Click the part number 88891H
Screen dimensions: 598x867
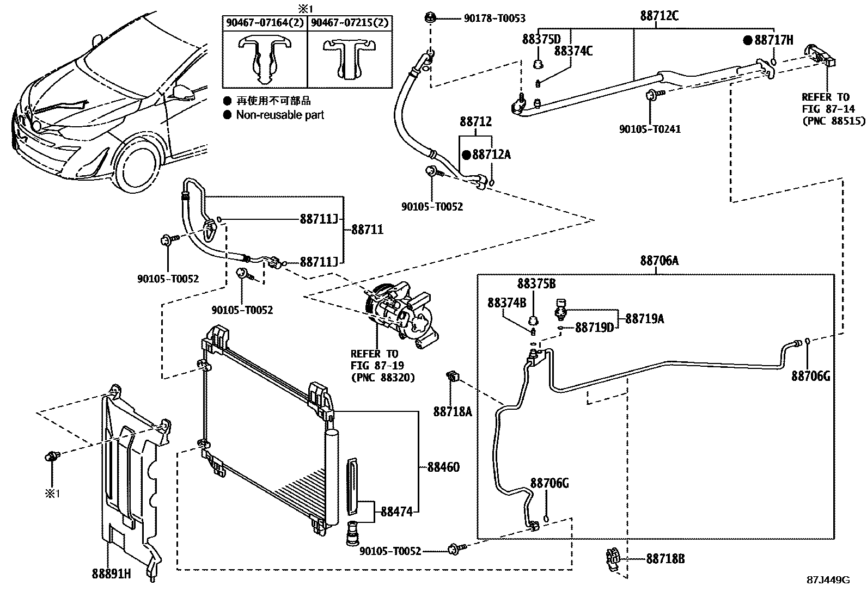111,573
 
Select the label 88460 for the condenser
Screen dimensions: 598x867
443,467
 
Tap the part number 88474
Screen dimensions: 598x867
396,511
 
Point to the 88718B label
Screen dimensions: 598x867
665,559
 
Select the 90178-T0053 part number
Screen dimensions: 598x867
494,19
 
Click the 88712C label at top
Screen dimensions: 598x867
659,16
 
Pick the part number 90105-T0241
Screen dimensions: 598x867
650,129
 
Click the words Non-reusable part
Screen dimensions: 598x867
280,115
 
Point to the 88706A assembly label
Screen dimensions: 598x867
659,261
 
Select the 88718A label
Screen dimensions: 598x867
453,411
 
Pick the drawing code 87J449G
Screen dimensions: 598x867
828,579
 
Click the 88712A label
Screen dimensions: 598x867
491,155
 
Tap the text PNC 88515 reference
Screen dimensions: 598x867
833,121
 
